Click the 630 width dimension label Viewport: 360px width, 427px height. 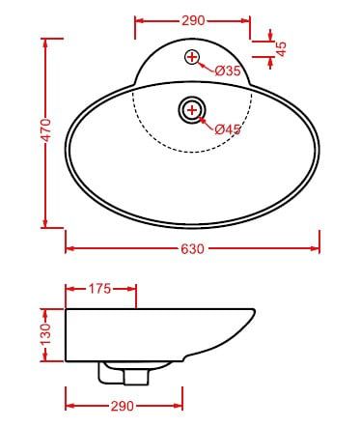[192, 249]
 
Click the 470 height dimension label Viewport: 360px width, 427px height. [46, 130]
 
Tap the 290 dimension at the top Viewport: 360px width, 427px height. [193, 21]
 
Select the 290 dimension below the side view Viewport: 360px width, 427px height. [123, 406]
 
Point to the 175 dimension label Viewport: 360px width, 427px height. [99, 289]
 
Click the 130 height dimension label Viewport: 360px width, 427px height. [46, 334]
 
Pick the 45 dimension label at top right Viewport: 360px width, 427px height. [281, 49]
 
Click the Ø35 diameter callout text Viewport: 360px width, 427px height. [228, 71]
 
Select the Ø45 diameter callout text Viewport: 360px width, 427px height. [228, 129]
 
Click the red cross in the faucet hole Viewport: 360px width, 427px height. [192, 57]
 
